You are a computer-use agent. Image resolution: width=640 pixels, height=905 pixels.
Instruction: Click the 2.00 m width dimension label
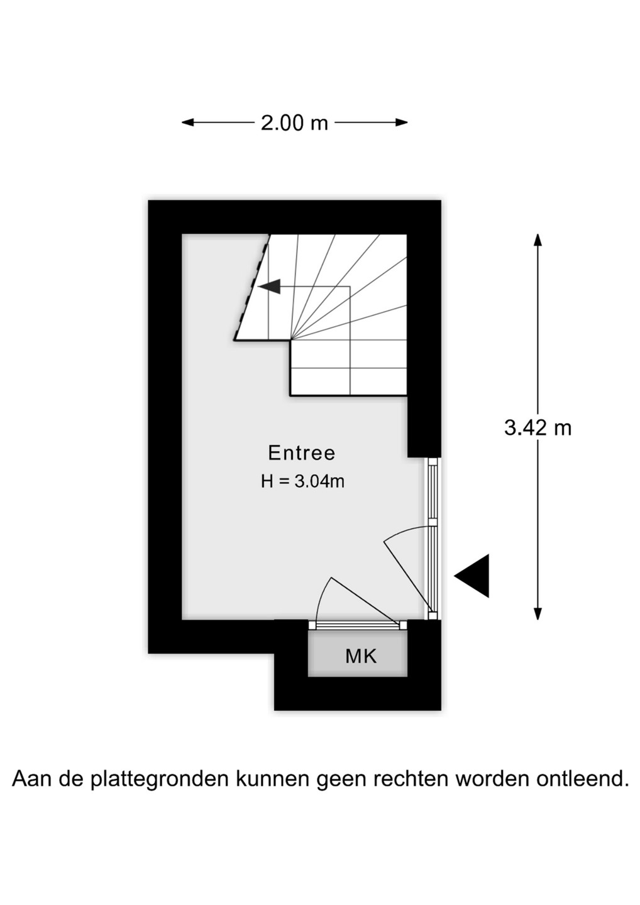(294, 123)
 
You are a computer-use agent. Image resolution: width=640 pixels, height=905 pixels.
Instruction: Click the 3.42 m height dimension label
(538, 427)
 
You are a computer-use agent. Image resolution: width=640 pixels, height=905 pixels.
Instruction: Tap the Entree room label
(302, 452)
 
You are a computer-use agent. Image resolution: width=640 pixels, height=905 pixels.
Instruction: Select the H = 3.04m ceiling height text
(302, 481)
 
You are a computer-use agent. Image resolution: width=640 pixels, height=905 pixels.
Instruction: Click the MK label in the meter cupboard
(361, 656)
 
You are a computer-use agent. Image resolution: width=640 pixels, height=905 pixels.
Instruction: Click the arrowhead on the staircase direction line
(270, 287)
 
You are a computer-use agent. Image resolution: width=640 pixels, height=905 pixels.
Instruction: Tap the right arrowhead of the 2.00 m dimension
(402, 123)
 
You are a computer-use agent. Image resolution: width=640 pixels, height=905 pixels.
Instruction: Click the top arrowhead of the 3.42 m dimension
(538, 239)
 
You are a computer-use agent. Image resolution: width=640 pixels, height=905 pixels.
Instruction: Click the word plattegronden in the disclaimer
(160, 779)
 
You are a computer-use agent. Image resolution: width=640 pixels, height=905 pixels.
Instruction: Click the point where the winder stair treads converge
(291, 340)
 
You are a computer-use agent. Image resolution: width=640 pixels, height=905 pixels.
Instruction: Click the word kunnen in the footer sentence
(273, 779)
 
